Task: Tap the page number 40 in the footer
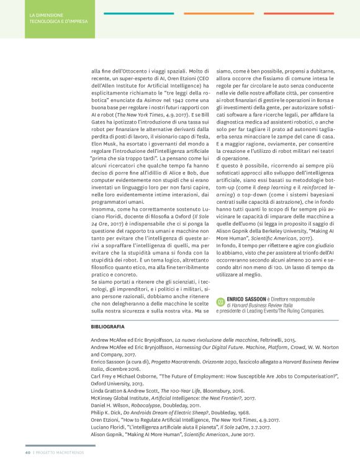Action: pyautogui.click(x=28, y=460)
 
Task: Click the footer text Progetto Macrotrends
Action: pyautogui.click(x=60, y=460)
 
